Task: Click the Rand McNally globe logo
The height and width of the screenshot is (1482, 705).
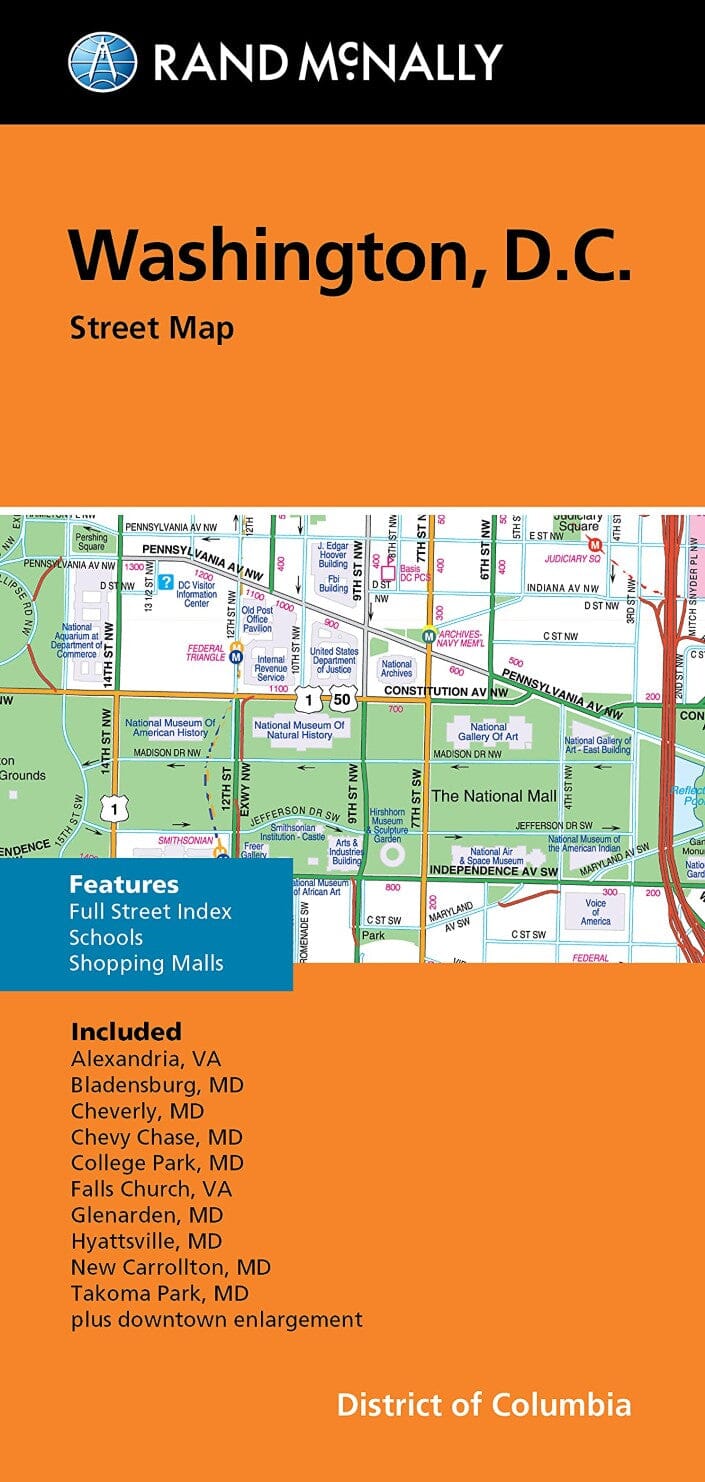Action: point(102,61)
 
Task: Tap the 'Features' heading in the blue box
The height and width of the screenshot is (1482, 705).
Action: point(124,884)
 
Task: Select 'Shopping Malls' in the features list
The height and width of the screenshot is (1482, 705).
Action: point(146,963)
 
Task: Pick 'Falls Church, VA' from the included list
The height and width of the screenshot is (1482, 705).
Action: point(151,1189)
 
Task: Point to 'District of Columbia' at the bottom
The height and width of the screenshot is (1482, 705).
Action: point(484,1404)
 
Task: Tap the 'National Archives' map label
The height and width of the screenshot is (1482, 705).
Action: point(397,668)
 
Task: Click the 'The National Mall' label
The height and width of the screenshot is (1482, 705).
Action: point(492,795)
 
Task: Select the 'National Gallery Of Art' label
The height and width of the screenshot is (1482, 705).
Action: point(489,732)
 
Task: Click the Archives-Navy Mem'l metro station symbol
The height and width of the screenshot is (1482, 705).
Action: point(429,635)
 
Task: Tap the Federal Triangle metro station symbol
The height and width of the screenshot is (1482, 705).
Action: point(237,656)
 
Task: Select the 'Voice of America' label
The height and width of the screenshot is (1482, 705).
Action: point(595,911)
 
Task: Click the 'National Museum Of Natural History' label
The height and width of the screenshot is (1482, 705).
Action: point(299,730)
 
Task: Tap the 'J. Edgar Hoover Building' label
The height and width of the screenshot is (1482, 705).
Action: point(333,556)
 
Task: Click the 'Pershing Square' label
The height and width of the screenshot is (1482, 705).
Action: point(91,541)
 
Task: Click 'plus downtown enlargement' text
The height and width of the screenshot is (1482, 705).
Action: point(216,1319)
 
